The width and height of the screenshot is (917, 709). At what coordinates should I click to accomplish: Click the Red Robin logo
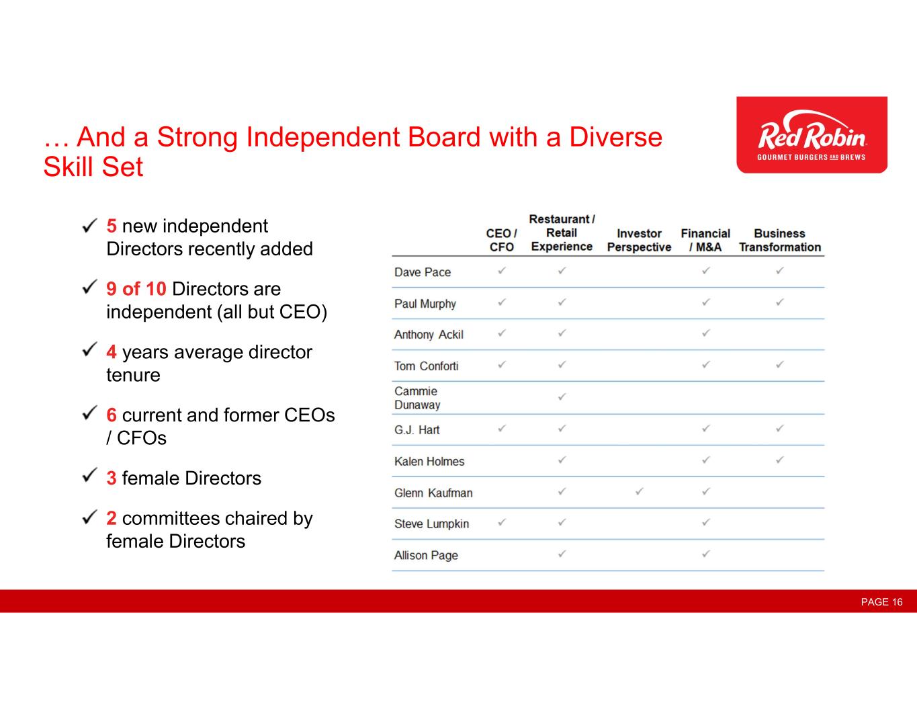pyautogui.click(x=812, y=134)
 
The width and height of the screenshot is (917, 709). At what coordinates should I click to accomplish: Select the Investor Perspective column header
pyautogui.click(x=639, y=240)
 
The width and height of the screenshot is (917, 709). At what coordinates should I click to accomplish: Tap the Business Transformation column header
pyautogui.click(x=779, y=240)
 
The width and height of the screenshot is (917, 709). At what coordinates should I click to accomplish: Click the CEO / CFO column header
pyautogui.click(x=501, y=240)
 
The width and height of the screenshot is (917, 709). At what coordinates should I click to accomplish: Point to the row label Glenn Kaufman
pyautogui.click(x=433, y=493)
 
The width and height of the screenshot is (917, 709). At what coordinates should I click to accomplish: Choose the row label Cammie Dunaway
pyautogui.click(x=417, y=398)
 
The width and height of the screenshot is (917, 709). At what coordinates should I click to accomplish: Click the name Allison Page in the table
pyautogui.click(x=426, y=555)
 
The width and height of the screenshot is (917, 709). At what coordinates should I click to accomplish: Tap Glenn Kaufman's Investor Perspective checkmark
pyautogui.click(x=640, y=491)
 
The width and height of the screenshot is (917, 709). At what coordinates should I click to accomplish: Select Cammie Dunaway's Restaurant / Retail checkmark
pyautogui.click(x=562, y=397)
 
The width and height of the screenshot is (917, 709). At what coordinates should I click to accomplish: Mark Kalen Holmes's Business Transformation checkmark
pyautogui.click(x=779, y=460)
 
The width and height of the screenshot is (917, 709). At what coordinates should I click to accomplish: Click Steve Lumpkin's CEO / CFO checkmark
pyautogui.click(x=501, y=522)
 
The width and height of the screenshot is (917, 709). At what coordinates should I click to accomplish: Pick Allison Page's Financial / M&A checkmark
pyautogui.click(x=705, y=554)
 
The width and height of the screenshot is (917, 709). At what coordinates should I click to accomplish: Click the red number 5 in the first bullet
pyautogui.click(x=112, y=226)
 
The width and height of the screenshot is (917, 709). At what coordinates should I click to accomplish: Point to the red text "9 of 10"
pyautogui.click(x=136, y=289)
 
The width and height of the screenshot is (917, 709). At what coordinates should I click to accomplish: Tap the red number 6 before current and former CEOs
pyautogui.click(x=112, y=415)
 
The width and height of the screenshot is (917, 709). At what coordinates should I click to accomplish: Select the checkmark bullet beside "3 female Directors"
pyautogui.click(x=90, y=475)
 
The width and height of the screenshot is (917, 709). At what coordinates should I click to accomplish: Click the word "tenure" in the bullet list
pyautogui.click(x=133, y=375)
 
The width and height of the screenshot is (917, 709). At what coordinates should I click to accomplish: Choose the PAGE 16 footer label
pyautogui.click(x=881, y=601)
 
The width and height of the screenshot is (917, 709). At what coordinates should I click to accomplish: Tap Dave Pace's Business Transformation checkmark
pyautogui.click(x=779, y=271)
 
